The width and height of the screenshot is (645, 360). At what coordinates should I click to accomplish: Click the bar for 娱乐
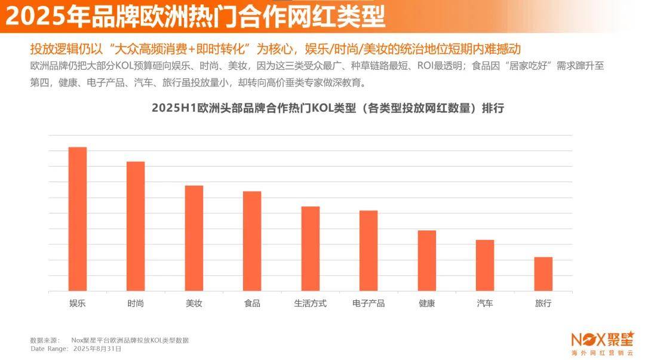click(78, 219)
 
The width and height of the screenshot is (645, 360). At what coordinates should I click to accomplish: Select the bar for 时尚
click(136, 226)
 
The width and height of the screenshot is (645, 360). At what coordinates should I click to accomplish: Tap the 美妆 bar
click(194, 238)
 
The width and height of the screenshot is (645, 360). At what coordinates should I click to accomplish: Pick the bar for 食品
click(252, 241)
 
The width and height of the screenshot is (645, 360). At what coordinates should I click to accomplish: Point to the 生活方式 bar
click(310, 249)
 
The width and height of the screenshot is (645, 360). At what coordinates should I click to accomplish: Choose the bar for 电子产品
click(368, 251)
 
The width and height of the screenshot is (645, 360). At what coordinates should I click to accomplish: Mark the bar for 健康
click(426, 261)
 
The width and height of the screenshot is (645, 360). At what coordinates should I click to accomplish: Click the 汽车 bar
click(485, 266)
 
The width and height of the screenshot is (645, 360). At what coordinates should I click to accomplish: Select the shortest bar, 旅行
click(543, 274)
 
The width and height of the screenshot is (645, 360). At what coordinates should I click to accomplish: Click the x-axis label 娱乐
click(78, 303)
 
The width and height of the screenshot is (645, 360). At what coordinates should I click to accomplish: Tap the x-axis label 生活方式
click(310, 303)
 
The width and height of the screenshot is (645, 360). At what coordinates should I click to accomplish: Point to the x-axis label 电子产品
click(368, 303)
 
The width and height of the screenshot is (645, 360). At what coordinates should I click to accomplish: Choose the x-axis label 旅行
click(543, 303)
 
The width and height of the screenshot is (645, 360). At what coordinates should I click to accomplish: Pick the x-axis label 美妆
click(194, 303)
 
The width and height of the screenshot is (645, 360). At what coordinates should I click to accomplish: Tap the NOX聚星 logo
click(601, 340)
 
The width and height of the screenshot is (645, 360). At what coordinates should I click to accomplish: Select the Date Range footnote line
click(76, 348)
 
